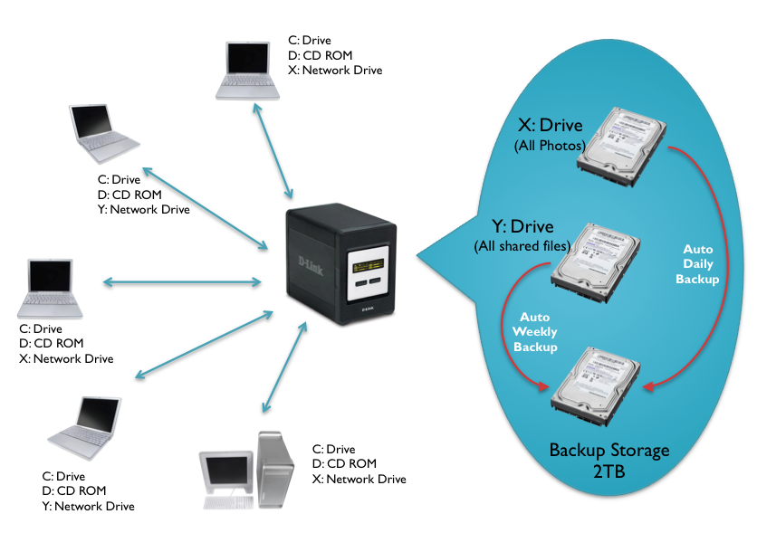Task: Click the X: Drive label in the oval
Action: (x=549, y=126)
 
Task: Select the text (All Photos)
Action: (x=549, y=145)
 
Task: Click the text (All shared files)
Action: (x=521, y=246)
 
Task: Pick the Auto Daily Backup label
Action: (x=697, y=263)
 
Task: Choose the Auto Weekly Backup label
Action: (x=535, y=332)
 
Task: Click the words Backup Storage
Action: (x=609, y=450)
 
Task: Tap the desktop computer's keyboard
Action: (x=227, y=503)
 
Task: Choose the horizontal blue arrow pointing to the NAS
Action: (x=181, y=283)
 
